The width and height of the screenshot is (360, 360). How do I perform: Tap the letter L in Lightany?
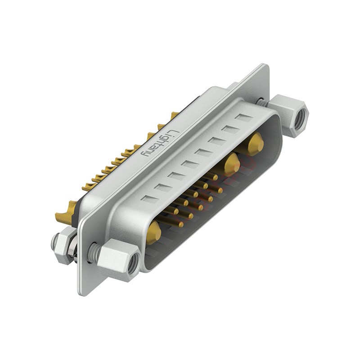point(173,133)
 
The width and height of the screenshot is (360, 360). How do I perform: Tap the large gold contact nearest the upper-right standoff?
point(255,144)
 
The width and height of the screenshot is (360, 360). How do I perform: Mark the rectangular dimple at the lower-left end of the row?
point(150,199)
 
